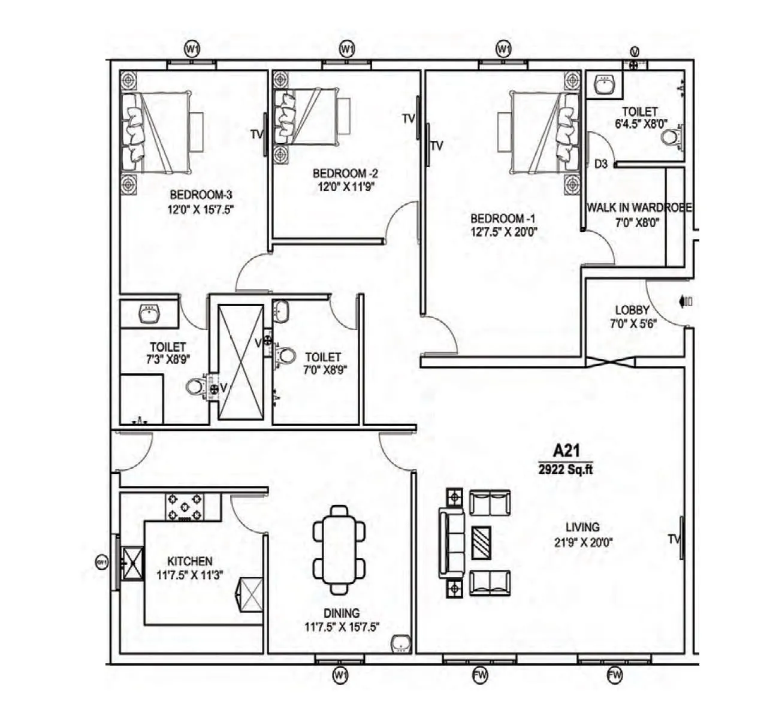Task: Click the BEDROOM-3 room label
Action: coord(200,195)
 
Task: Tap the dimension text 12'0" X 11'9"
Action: coord(346,187)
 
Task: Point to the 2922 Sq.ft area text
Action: coord(565,470)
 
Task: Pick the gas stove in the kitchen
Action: coord(185,507)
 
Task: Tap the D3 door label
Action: coord(601,164)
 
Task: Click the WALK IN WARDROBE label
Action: coord(639,208)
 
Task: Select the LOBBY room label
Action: coord(632,310)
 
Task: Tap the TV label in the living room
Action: coord(674,540)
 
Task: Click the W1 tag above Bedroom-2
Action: coord(346,49)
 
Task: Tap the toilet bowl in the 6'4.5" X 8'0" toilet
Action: coord(671,138)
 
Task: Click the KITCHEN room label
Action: coord(189,561)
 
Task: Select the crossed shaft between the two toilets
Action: coord(240,362)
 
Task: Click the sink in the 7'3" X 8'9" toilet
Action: coord(148,313)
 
